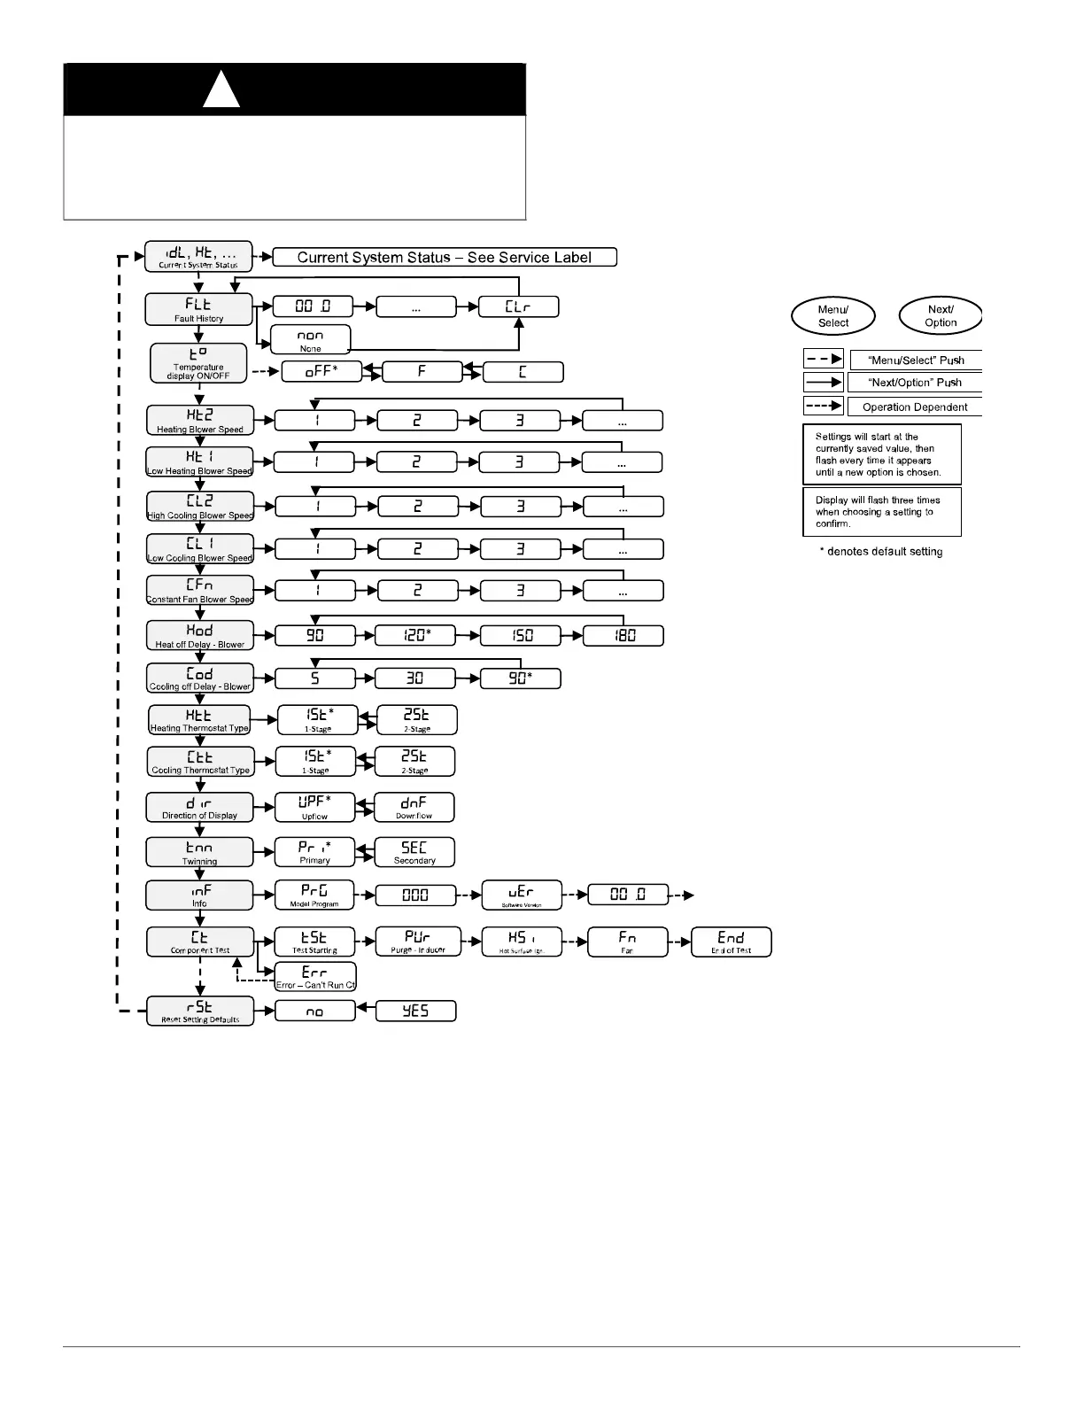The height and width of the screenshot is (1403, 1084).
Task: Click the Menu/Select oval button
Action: point(832,316)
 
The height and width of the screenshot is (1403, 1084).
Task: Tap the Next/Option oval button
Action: point(941,316)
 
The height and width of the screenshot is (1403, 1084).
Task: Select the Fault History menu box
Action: point(198,308)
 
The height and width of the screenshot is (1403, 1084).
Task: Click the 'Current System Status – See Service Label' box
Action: point(445,258)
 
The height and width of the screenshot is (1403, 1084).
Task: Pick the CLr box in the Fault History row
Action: point(519,307)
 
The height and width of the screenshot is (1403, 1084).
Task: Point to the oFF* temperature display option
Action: point(321,372)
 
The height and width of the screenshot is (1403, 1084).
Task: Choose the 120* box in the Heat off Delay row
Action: point(415,635)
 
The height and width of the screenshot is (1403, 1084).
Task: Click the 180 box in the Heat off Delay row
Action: point(623,635)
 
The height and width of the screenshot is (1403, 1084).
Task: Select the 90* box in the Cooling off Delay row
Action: point(520,678)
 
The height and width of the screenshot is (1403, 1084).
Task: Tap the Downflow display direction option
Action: point(414,807)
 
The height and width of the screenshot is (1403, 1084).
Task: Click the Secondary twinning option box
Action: point(414,852)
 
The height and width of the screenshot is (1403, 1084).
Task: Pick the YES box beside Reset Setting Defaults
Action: point(415,1011)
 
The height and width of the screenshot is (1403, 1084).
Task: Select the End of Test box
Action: point(731,942)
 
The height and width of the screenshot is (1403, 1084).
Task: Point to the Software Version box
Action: point(522,895)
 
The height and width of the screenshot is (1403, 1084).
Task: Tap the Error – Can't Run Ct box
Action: point(315,976)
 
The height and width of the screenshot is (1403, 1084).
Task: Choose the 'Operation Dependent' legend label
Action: point(915,407)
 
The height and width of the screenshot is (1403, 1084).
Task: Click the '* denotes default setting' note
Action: point(880,552)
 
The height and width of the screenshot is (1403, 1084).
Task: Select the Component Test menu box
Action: point(199,942)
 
